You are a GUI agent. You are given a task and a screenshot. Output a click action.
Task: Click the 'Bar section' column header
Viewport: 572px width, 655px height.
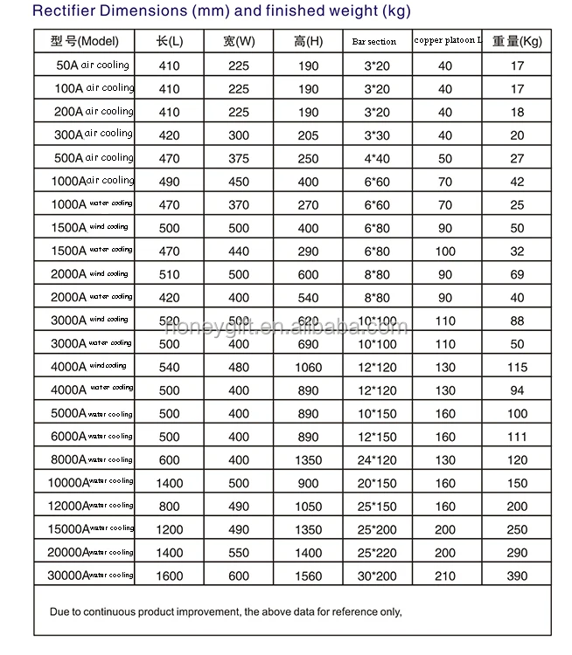(x=373, y=42)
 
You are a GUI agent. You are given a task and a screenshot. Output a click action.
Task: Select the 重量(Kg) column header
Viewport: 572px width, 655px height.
(x=517, y=41)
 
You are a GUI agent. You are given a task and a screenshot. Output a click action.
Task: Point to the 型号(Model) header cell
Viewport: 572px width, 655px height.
(x=85, y=41)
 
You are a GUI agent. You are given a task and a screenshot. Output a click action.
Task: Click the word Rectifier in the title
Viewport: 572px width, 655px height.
(x=62, y=11)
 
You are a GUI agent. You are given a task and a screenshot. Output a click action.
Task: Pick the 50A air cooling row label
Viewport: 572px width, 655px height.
(x=92, y=65)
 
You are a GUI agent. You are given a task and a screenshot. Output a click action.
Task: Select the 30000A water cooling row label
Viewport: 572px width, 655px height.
(x=84, y=576)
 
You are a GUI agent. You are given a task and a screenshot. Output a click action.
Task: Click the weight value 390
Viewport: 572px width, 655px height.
(x=517, y=576)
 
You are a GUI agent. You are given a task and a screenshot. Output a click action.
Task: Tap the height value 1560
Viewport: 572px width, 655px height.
(x=308, y=576)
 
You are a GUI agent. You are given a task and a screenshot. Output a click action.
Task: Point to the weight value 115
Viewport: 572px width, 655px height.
(x=517, y=368)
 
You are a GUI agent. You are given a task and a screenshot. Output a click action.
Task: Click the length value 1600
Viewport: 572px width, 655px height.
(x=169, y=576)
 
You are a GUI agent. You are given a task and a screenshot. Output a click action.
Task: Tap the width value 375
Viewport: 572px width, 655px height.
(x=238, y=159)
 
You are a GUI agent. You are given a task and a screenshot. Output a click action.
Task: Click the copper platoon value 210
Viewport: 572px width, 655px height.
(x=445, y=576)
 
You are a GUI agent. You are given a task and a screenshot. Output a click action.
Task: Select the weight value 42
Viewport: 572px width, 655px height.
(x=517, y=182)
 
